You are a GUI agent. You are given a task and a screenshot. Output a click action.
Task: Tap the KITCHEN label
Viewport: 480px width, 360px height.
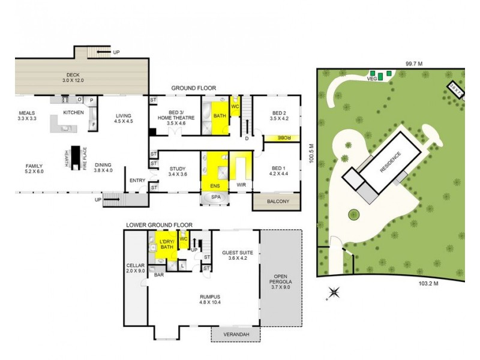click(x=73, y=113)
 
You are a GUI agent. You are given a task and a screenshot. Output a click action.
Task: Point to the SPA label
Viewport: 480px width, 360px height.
click(x=214, y=197)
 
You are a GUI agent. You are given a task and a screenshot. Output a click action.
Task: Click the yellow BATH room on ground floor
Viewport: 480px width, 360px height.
click(x=220, y=116)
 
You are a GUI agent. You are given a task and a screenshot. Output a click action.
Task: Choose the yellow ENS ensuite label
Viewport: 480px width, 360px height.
click(x=215, y=185)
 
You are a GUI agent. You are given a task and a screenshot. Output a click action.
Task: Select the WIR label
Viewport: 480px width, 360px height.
click(x=242, y=185)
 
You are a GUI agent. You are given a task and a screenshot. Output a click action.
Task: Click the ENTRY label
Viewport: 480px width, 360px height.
click(x=137, y=180)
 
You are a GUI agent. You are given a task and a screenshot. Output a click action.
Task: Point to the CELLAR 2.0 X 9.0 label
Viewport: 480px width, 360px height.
click(x=136, y=268)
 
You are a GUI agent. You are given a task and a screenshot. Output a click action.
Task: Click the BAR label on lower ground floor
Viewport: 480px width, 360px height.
click(x=159, y=275)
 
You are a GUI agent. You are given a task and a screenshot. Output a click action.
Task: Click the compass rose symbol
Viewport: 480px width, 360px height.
click(x=334, y=293)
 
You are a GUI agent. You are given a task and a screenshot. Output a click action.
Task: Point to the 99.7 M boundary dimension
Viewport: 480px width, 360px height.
click(x=414, y=63)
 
